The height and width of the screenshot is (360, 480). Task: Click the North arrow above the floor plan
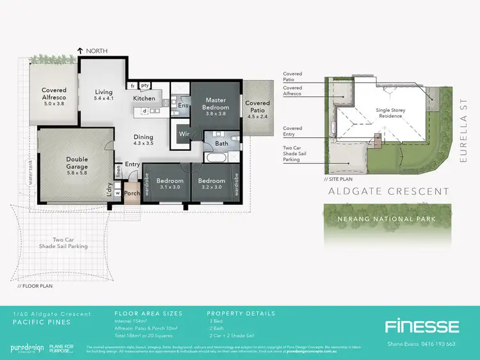[x=81, y=50]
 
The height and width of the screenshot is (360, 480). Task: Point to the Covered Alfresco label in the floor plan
[x=54, y=95]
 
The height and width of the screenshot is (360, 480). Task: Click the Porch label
[x=132, y=194]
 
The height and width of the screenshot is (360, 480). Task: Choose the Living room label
[x=104, y=95]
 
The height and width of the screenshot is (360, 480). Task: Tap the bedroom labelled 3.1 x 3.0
[x=171, y=184]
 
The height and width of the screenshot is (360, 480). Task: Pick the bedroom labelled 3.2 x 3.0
[x=211, y=184]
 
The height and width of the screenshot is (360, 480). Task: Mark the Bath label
[x=221, y=144]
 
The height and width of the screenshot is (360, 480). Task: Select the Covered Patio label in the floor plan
[x=257, y=107]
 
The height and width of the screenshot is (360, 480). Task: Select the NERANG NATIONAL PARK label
[x=382, y=219]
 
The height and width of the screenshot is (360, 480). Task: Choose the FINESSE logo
[x=421, y=327]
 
